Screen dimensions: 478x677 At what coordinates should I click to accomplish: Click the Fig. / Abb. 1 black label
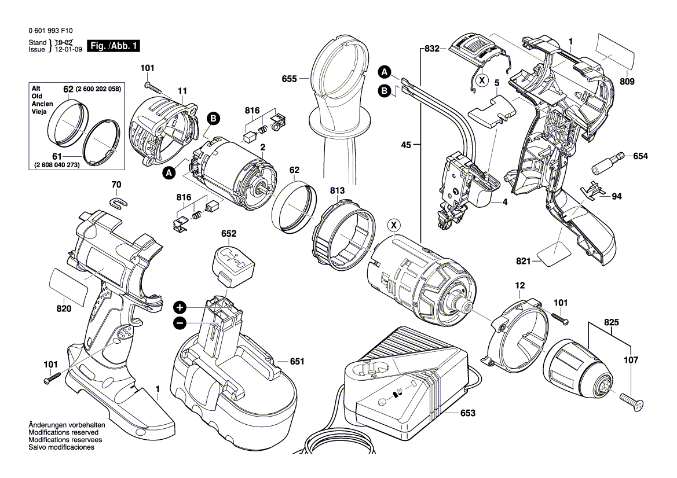tap(112, 46)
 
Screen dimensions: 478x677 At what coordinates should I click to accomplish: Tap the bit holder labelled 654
tap(607, 163)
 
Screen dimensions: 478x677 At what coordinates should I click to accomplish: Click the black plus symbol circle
tap(180, 307)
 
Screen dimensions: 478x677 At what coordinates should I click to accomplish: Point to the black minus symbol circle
tap(180, 323)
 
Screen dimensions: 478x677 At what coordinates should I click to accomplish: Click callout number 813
tap(338, 190)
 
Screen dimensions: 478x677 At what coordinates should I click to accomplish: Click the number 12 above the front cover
tap(519, 286)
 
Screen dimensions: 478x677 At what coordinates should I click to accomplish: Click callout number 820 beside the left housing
tap(64, 309)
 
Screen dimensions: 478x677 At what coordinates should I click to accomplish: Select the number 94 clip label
tap(617, 196)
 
